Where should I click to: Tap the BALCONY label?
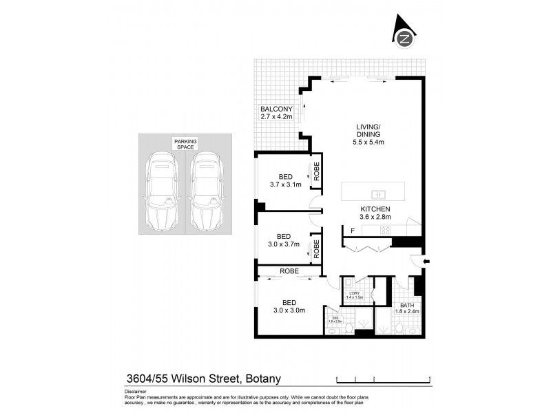[x=277, y=113]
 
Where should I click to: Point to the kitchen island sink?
[x=378, y=193]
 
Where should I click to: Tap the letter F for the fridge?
[x=353, y=230]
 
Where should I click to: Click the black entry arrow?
[x=426, y=262]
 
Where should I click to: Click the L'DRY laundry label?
[x=355, y=295]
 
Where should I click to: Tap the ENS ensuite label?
[x=335, y=319]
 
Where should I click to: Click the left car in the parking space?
[x=163, y=193]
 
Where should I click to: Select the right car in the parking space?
[x=205, y=193]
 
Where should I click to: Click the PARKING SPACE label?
[x=185, y=144]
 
